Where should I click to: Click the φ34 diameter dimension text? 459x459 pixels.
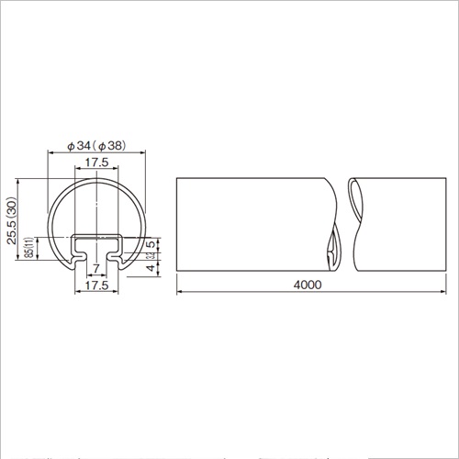pos(81,145)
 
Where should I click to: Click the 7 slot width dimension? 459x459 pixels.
pos(95,268)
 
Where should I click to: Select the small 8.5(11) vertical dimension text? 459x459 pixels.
pos(30,247)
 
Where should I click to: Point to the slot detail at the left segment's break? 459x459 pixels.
pos(331,252)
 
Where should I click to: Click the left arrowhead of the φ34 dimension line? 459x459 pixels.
pos(49,153)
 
